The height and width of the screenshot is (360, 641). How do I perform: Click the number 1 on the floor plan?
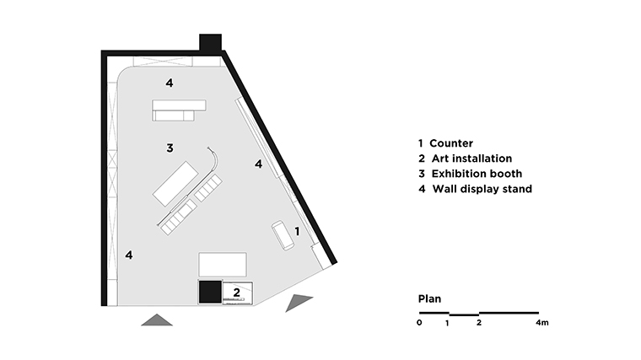(x=298, y=230)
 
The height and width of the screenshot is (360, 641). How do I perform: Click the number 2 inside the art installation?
(x=237, y=292)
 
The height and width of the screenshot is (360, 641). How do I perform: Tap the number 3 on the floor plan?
(x=170, y=148)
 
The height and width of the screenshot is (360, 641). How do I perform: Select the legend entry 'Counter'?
(x=450, y=143)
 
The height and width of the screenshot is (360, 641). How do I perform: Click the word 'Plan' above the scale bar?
(x=430, y=299)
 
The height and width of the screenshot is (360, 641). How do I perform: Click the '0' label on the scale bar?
(x=419, y=323)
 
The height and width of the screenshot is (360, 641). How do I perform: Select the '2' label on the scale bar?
(x=479, y=323)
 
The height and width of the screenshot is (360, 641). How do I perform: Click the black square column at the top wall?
(x=210, y=43)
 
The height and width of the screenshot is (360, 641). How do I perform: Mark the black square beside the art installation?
(x=209, y=292)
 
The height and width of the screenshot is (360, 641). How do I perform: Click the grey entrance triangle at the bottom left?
(x=157, y=320)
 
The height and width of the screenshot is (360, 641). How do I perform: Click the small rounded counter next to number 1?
(x=282, y=235)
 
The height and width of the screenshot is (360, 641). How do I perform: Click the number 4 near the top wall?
(x=170, y=83)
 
